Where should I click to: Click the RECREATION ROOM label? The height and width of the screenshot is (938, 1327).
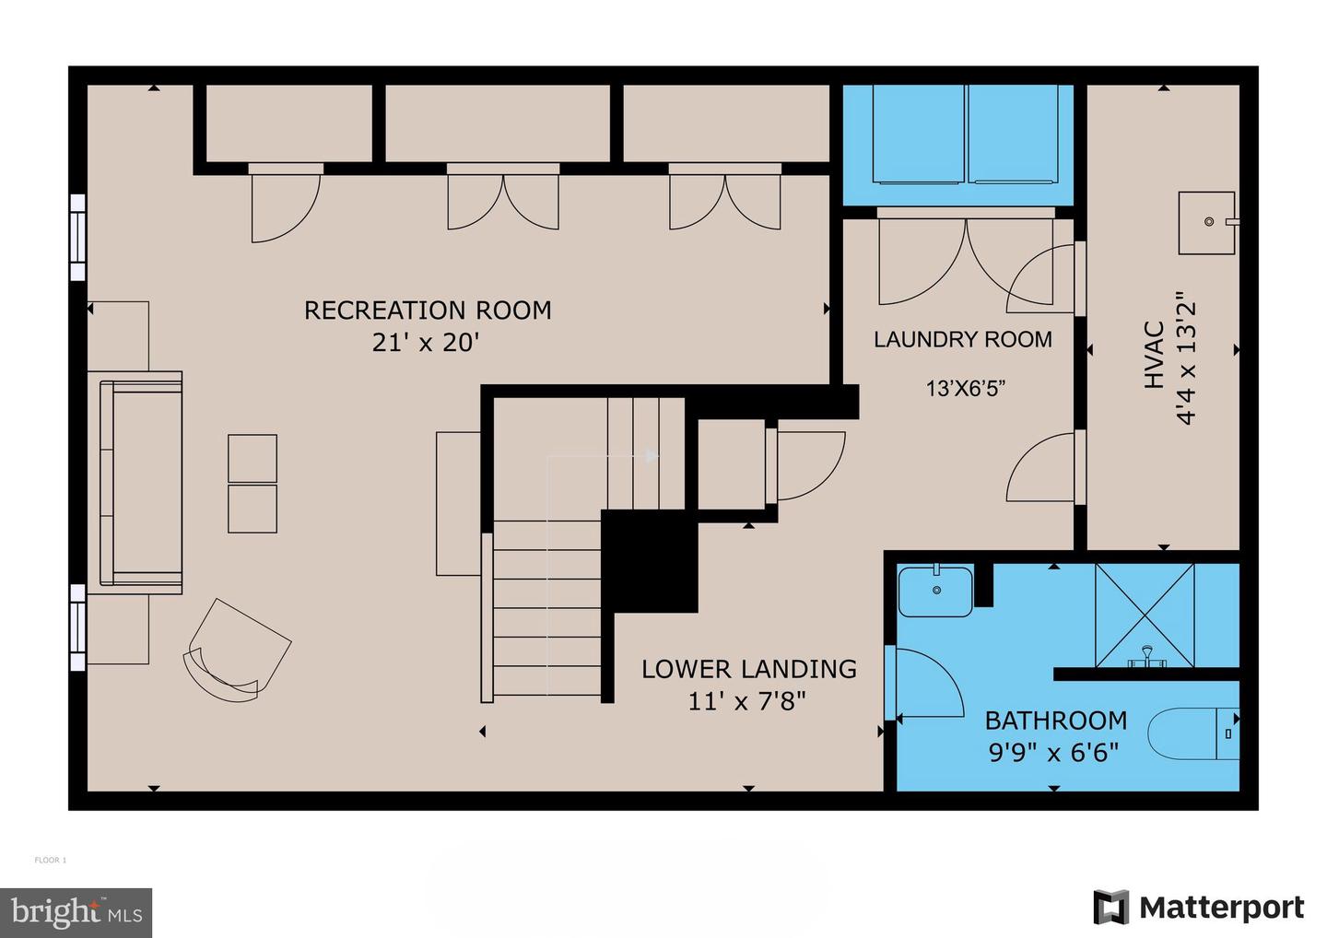tap(428, 311)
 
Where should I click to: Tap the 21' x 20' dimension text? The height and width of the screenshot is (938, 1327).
tap(426, 343)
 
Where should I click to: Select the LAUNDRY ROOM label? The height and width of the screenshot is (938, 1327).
tap(962, 340)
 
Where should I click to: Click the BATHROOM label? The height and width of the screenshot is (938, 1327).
tap(1055, 721)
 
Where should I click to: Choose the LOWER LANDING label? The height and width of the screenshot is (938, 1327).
tap(748, 669)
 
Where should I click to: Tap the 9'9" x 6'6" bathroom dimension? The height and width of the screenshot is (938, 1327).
tap(1053, 753)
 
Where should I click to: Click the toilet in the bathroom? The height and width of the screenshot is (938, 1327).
tap(1192, 733)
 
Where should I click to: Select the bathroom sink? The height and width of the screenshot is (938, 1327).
tap(935, 592)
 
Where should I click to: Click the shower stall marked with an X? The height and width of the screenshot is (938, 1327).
tap(1144, 615)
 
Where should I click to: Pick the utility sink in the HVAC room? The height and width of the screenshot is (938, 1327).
tap(1206, 223)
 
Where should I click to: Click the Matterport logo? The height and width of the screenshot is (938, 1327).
tap(1199, 908)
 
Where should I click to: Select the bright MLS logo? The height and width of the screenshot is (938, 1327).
tap(76, 912)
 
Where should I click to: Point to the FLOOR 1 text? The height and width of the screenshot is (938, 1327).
tap(51, 861)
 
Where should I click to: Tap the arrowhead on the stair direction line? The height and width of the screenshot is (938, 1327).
tap(652, 455)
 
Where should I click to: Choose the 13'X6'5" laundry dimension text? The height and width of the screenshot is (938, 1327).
tap(965, 389)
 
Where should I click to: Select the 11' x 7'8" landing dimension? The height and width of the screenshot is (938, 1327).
tap(746, 702)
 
